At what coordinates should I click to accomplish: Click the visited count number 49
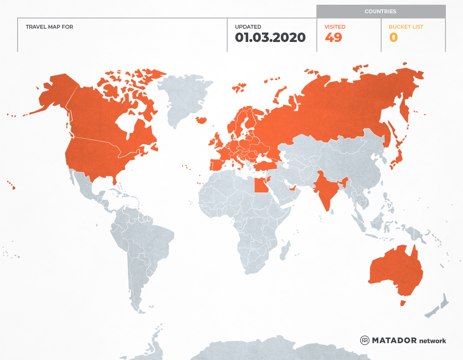pos(334,38)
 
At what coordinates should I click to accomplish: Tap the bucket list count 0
pos(394,38)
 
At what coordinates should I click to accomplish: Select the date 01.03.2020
pos(270,38)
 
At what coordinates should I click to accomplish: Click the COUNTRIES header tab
pos(380,12)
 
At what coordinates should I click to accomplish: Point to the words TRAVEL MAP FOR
pos(49,27)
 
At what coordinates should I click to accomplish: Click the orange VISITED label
pos(335,27)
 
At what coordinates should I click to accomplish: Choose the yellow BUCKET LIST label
pos(406,27)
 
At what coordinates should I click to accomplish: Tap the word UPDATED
pos(248,27)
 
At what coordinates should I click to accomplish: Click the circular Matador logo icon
pos(364,340)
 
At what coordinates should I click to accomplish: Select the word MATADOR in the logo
pos(394,340)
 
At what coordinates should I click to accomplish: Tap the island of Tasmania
pos(403,303)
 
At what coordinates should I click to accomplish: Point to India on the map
pos(325,189)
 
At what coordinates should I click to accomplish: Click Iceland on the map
pos(201,120)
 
